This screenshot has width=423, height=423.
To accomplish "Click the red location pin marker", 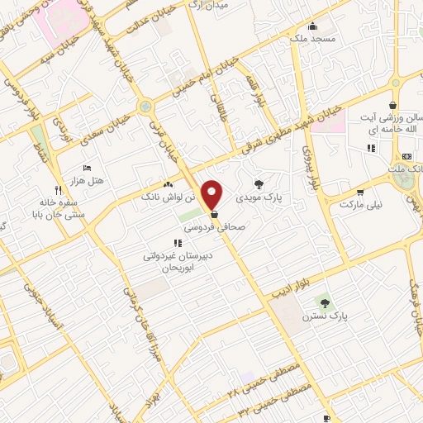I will point(212,193).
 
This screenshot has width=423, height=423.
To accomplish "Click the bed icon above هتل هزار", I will point(87,168).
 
